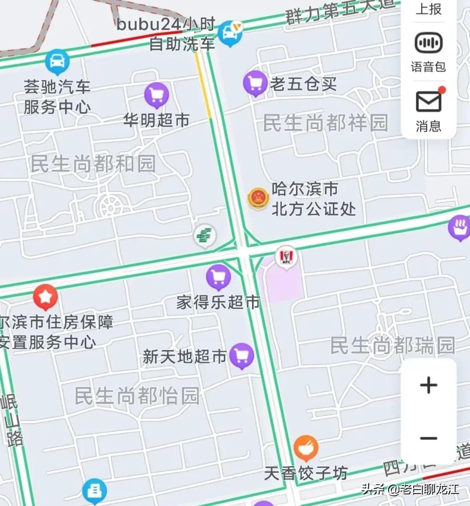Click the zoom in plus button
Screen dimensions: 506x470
pos(428,385)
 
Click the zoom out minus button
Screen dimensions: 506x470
pos(428,438)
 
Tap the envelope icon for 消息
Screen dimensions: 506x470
pos(428,102)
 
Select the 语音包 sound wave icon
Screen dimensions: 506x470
pos(428,43)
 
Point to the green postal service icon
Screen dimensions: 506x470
pos(205,235)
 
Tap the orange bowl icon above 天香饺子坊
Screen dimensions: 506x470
pos(306,448)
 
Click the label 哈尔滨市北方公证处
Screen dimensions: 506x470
pos(313,199)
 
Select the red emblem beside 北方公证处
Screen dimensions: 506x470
pos(258,198)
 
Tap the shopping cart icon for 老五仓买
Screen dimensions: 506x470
pos(255,83)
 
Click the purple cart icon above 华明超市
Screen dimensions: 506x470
pos(156,95)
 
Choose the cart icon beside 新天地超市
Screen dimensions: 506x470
pos(242,355)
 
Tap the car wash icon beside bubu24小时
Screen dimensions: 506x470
pos(230,32)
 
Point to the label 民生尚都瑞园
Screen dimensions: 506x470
pos(393,346)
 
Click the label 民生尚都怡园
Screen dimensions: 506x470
pos(137,395)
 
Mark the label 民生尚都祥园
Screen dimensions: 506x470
pos(326,123)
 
